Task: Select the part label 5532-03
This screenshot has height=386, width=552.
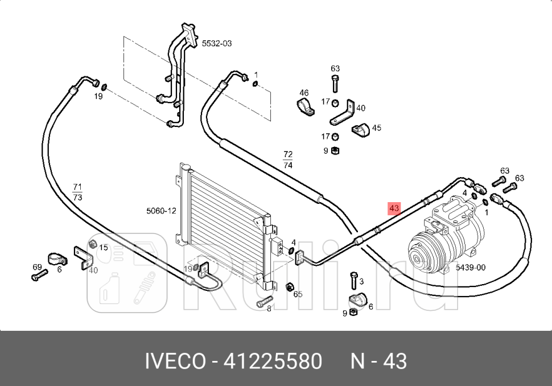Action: point(217,43)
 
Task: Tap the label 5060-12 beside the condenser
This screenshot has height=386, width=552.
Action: point(161,211)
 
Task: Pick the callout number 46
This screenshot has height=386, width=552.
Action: point(304,93)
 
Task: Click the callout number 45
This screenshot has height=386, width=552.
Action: point(376,128)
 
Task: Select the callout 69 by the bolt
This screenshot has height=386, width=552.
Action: point(37,267)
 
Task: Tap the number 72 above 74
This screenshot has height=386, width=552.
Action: point(287,154)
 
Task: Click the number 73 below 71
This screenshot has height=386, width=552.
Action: point(77,197)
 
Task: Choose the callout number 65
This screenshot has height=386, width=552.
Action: point(298,294)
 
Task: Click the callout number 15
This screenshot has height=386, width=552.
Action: point(103,247)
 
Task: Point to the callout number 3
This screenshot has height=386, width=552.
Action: point(361,281)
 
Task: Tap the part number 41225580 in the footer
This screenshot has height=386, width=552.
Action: point(273,361)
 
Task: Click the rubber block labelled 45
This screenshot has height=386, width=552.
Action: point(360,130)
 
